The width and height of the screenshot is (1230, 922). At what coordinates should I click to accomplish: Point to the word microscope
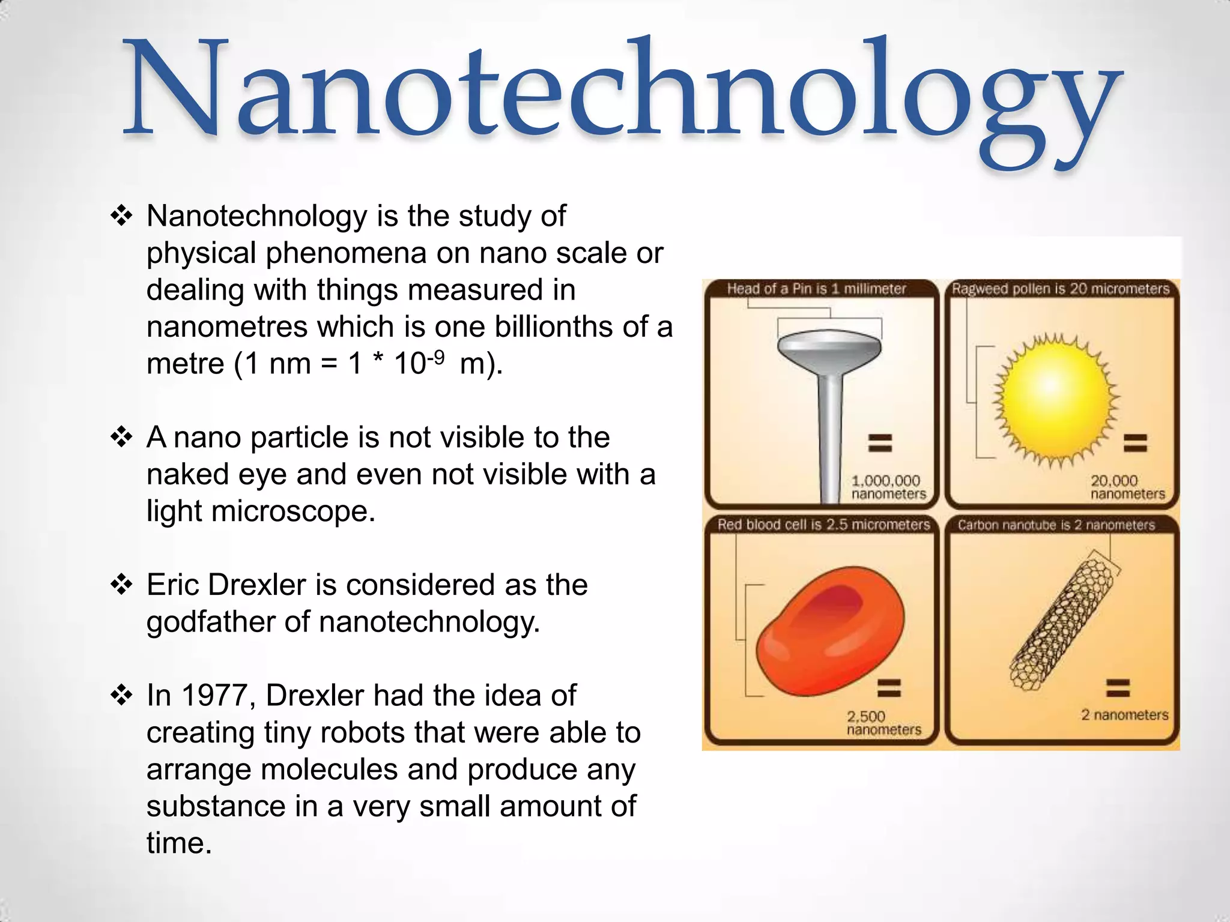tap(292, 511)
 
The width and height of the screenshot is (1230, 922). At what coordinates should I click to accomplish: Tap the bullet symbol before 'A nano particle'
tap(121, 437)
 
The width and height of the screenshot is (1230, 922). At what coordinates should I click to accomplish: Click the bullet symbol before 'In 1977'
tap(121, 696)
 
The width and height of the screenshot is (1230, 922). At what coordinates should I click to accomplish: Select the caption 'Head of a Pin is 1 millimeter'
tap(816, 289)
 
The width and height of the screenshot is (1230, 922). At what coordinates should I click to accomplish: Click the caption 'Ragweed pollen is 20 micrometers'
tap(1061, 289)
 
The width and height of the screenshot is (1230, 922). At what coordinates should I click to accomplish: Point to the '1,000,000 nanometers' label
tap(888, 487)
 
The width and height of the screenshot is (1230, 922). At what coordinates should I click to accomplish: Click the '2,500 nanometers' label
tap(883, 723)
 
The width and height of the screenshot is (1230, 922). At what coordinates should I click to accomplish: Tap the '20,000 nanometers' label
tap(1127, 487)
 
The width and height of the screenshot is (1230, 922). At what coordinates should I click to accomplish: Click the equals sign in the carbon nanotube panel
tap(1118, 687)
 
